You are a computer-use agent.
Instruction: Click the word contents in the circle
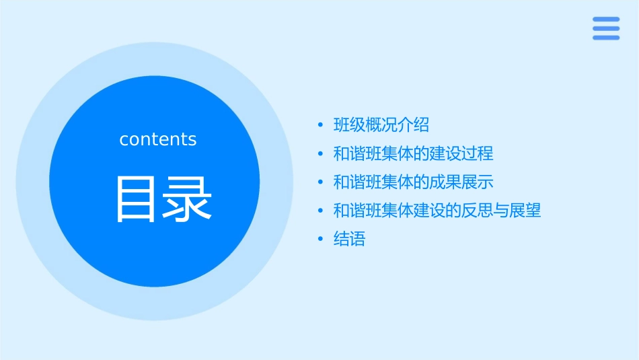158,139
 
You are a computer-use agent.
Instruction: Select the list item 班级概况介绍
381,124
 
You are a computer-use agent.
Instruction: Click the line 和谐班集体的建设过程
413,153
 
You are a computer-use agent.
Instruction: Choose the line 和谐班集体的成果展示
413,182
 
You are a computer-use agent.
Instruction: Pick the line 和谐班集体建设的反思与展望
437,211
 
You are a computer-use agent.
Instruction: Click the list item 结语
349,239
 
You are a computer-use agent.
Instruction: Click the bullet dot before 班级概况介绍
321,125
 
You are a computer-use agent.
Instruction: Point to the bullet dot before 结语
321,240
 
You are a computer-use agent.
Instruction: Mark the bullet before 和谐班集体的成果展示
321,182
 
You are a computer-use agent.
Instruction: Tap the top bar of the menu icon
606,20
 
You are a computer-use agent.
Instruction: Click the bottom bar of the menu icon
606,38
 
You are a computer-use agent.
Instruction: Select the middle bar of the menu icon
606,28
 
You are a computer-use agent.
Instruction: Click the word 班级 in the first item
349,124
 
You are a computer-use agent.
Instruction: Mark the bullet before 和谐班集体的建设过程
321,154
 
